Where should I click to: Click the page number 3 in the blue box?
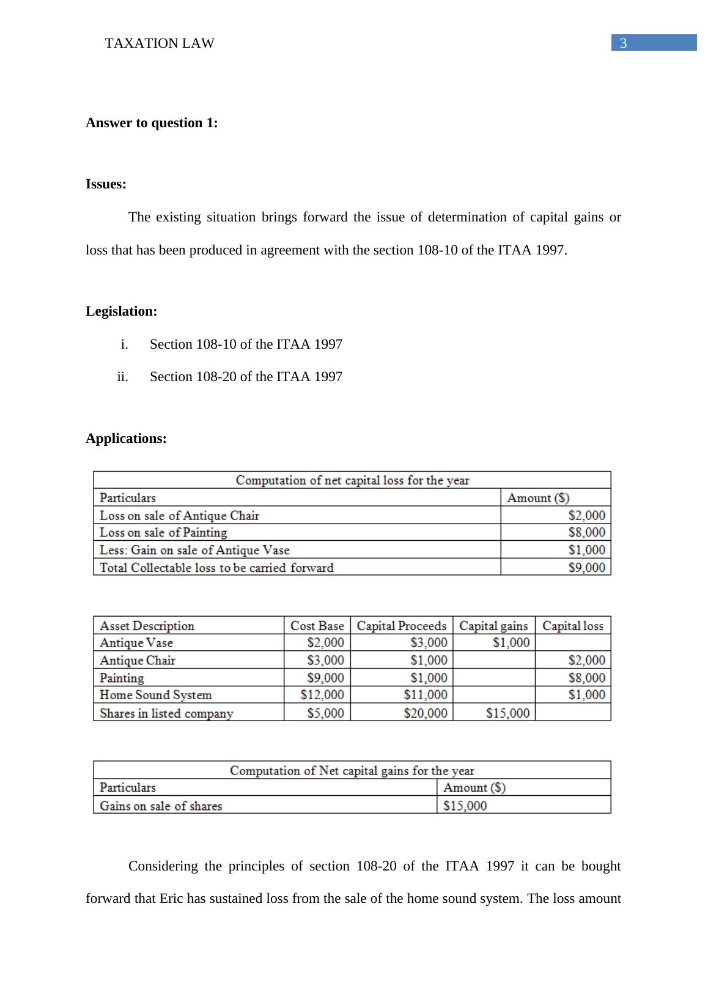pos(623,43)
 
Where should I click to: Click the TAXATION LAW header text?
pos(160,43)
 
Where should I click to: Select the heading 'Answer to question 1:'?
pos(152,123)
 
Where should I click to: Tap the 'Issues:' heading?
pos(106,185)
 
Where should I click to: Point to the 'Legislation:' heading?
pos(121,311)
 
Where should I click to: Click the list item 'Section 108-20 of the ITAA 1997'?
pos(246,377)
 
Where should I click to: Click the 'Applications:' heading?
pos(126,439)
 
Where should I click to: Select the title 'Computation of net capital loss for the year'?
pos(352,480)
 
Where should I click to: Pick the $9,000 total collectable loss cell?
pos(586,568)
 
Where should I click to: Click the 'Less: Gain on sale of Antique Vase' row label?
pos(194,550)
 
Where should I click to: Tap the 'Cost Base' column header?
pos(317,626)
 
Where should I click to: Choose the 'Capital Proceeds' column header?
pos(402,626)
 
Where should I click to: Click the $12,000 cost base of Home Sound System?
pos(322,695)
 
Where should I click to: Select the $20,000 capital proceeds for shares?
pos(426,713)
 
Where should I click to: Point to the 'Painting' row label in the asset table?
pos(122,678)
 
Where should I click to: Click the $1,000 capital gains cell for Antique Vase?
pos(511,643)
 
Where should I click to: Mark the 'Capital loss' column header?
pos(572,626)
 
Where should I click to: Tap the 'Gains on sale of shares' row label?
pos(161,806)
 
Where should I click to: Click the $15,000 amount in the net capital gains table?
pos(465,806)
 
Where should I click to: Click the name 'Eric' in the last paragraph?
pos(172,899)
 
